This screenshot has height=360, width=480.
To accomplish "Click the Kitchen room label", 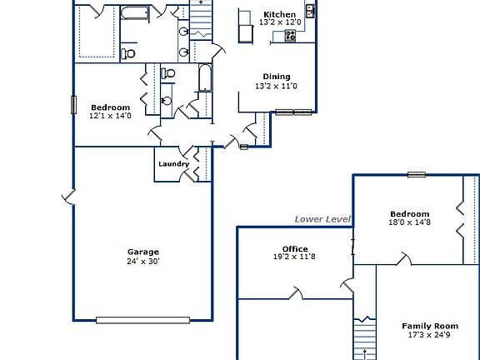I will (x=279, y=15).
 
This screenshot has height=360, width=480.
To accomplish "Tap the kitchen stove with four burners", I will (x=291, y=35).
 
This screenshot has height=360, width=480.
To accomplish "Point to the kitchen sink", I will (x=310, y=11).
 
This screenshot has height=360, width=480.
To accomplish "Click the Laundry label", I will (x=173, y=164).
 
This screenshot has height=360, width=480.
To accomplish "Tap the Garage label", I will (x=142, y=252).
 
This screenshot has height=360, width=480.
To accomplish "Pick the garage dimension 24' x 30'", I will (x=142, y=261).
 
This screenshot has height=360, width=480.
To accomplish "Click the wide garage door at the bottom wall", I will (x=142, y=319).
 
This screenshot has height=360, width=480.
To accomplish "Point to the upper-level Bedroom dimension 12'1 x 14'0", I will (x=110, y=116).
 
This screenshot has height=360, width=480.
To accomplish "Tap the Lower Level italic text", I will (x=322, y=219).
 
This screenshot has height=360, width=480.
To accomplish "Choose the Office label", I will (x=295, y=248).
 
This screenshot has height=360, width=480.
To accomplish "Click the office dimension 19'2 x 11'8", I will (x=295, y=257).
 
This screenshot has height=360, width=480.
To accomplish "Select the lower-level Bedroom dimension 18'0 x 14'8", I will (x=408, y=222).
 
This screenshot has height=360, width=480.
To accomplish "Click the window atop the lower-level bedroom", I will (x=417, y=175).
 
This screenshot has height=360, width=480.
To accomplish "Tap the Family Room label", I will (x=430, y=326).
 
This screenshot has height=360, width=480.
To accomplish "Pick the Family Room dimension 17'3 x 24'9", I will (x=430, y=335).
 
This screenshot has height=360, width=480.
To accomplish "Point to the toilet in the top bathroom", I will (x=128, y=53).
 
